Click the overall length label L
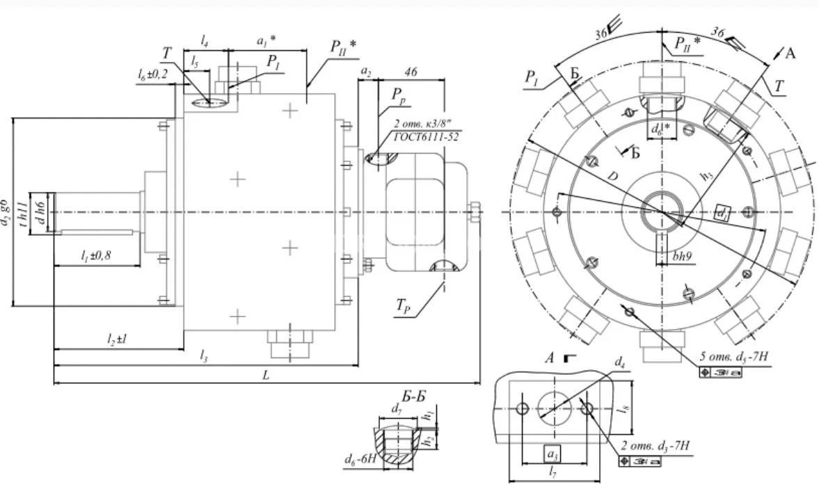click(266, 374)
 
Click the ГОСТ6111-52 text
click(426, 137)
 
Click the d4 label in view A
click(619, 362)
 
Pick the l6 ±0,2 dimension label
click(153, 74)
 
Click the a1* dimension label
click(267, 42)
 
